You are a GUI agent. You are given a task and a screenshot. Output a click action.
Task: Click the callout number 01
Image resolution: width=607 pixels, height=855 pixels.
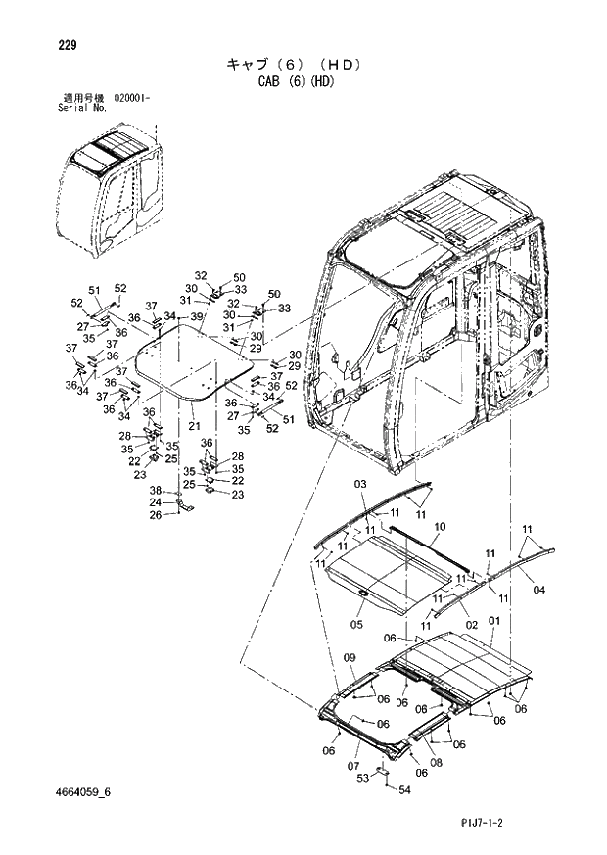click(x=493, y=621)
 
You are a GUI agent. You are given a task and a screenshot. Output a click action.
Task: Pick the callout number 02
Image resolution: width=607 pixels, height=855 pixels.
click(x=471, y=624)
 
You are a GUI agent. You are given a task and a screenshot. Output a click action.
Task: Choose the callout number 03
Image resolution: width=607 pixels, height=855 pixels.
click(x=359, y=484)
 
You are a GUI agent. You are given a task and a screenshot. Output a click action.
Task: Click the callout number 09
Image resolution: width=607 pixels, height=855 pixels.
click(x=349, y=655)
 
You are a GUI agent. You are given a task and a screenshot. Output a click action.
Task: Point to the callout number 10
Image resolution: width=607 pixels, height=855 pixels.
click(x=440, y=527)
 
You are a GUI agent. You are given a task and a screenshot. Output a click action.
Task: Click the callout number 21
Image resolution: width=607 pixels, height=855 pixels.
click(x=194, y=425)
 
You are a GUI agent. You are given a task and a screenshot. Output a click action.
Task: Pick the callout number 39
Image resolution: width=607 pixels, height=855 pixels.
click(x=196, y=316)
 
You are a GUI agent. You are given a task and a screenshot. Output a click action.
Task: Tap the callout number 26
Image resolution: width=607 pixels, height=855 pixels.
click(x=156, y=515)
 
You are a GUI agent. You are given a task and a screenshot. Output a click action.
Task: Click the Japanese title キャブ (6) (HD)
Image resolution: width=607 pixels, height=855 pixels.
click(x=295, y=65)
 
